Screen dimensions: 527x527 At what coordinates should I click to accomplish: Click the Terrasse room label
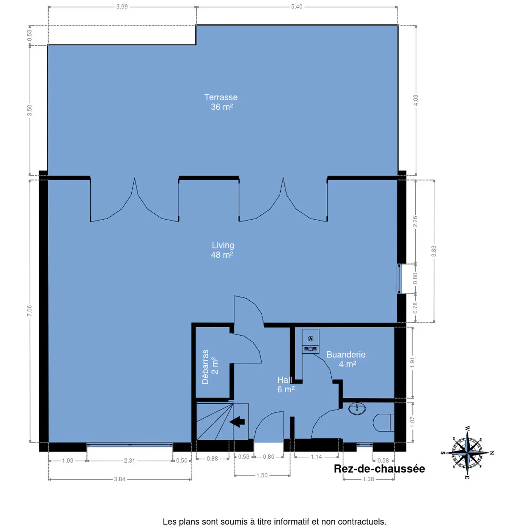[221, 102]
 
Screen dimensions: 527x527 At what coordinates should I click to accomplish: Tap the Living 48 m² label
[223, 250]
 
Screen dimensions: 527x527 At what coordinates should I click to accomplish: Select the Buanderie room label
[346, 359]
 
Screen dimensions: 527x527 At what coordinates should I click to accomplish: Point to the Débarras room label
[210, 367]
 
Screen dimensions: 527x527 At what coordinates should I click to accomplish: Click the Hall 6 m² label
[285, 384]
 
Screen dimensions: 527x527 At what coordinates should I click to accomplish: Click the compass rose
[467, 453]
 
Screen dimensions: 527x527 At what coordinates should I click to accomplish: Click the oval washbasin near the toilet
[357, 409]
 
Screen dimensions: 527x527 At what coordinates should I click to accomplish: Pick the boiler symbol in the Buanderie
[310, 341]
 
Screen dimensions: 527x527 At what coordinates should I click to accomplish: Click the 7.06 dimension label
[30, 311]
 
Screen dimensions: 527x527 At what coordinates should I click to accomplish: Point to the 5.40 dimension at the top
[297, 7]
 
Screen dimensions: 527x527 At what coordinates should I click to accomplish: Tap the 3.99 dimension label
[122, 7]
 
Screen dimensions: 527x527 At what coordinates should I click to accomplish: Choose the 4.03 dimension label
[415, 100]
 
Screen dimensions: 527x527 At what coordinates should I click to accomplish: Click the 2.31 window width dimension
[129, 460]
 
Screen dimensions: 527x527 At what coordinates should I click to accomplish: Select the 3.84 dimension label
[120, 479]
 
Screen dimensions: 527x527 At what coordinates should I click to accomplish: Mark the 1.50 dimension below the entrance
[262, 475]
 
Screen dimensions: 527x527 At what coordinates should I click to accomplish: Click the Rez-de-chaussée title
[379, 469]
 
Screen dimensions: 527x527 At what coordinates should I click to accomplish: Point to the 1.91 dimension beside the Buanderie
[412, 362]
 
